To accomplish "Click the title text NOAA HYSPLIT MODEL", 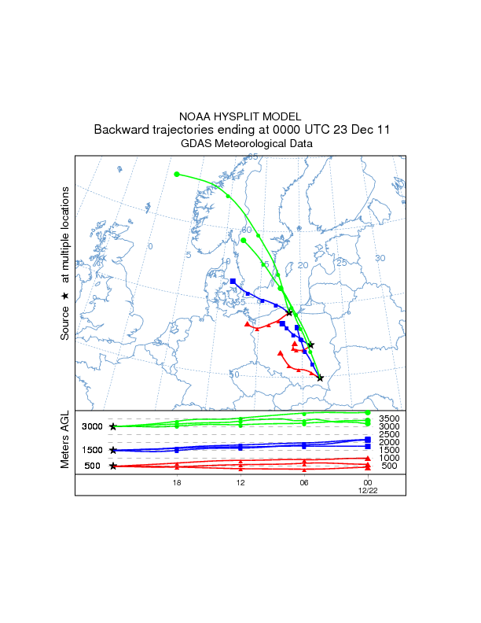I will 240,116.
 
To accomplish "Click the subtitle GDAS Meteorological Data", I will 246,144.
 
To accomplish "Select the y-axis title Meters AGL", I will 66,442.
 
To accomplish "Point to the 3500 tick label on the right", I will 389,418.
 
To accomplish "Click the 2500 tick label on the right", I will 389,434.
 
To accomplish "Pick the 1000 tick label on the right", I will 389,458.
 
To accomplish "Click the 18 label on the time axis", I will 177,482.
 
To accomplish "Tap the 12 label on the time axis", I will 240,482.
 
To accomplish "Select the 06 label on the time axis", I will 303,482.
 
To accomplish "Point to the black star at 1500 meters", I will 113,450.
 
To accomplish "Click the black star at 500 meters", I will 113,466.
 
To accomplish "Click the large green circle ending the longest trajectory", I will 177,174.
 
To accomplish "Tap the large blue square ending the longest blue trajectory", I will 233,281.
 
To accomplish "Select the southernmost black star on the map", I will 320,378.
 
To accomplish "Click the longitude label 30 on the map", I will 380,258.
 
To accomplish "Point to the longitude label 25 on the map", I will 341,263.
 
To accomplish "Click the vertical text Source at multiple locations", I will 66,264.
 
